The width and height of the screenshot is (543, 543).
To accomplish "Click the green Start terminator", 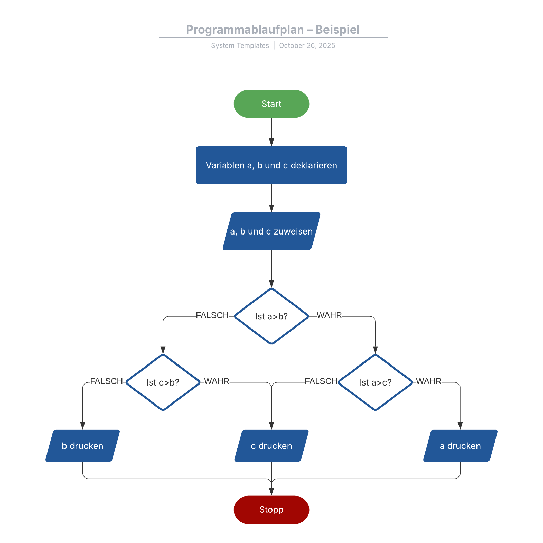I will pyautogui.click(x=271, y=104).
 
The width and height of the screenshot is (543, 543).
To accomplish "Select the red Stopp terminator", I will pyautogui.click(x=271, y=510).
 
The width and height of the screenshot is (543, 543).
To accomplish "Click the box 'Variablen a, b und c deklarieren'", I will pyautogui.click(x=271, y=165).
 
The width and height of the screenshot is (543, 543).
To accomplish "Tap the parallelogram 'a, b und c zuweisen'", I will pyautogui.click(x=271, y=231).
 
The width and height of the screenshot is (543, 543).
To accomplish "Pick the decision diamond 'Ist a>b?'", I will pyautogui.click(x=271, y=316).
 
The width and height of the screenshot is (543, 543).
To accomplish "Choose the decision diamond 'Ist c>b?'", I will pyautogui.click(x=163, y=382).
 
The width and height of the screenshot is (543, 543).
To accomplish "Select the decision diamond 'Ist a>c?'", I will pyautogui.click(x=375, y=382).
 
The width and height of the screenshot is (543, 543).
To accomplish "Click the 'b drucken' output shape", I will pyautogui.click(x=82, y=446).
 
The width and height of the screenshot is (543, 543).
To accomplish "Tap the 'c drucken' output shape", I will pyautogui.click(x=271, y=446).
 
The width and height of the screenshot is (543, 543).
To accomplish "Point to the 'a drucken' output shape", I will pyautogui.click(x=460, y=446).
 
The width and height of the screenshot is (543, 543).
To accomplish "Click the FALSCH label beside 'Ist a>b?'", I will pyautogui.click(x=212, y=315).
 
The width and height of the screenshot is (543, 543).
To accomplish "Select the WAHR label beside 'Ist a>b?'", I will pyautogui.click(x=329, y=315).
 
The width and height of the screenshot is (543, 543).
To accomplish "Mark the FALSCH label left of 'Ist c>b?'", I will pyautogui.click(x=106, y=381).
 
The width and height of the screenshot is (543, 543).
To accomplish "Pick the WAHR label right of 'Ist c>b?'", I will pyautogui.click(x=217, y=381).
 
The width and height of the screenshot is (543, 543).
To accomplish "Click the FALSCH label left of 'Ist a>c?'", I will pyautogui.click(x=321, y=381).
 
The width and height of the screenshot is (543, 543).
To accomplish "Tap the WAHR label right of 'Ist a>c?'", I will pyautogui.click(x=429, y=381).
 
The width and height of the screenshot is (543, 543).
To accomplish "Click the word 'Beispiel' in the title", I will pyautogui.click(x=337, y=30).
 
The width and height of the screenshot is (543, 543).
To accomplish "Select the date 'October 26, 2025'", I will pyautogui.click(x=307, y=46).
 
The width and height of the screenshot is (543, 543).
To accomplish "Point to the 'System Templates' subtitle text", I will pyautogui.click(x=240, y=46).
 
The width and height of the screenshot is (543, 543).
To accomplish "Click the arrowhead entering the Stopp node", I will pyautogui.click(x=271, y=492).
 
